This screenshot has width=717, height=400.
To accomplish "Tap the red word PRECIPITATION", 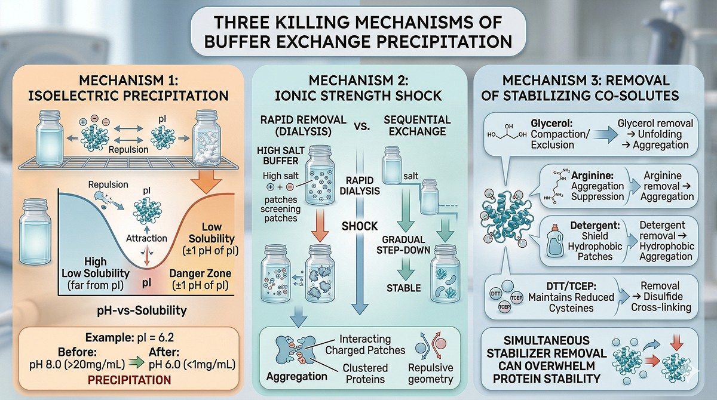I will [x=130, y=379].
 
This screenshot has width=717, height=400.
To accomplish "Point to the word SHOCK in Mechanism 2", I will [x=359, y=226].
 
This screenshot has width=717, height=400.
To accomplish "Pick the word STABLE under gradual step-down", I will [x=404, y=288].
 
